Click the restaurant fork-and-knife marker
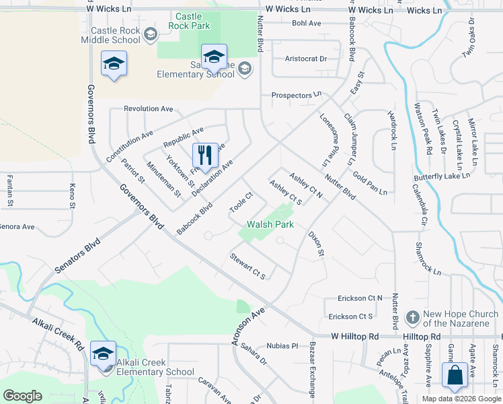[205, 156]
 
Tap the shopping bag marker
[455, 376]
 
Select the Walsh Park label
[270, 225]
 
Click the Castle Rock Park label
[192, 21]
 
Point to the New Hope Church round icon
[414, 316]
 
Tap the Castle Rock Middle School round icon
[150, 34]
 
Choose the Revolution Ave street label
[149, 108]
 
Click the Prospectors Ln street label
[297, 96]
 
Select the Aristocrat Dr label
[305, 59]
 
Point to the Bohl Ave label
[307, 23]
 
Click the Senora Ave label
[17, 227]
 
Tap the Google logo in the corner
[22, 395]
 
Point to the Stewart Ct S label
[248, 266]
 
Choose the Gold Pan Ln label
[369, 182]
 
